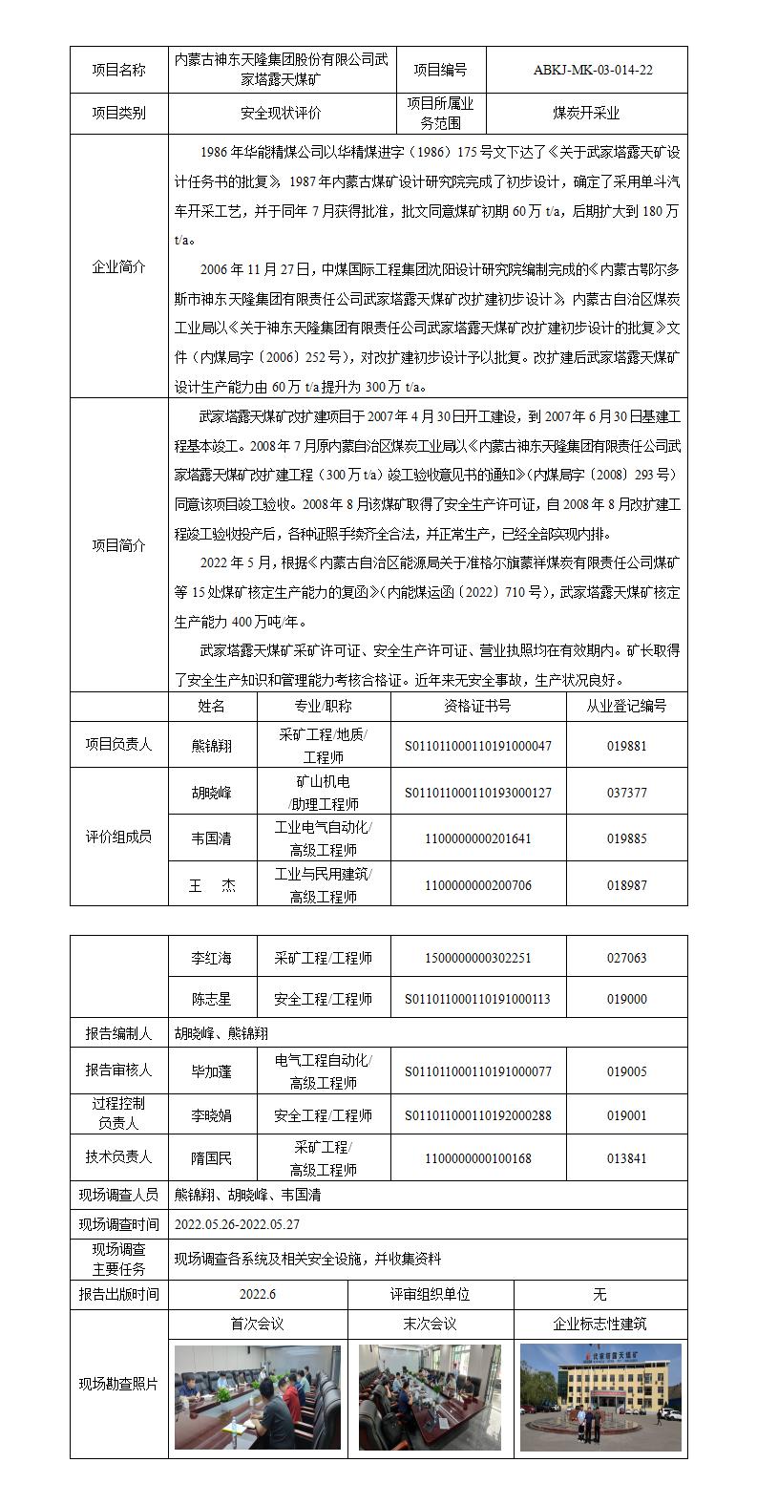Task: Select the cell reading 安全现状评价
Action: (281, 113)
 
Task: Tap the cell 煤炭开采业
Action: (586, 113)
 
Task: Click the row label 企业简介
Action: (118, 267)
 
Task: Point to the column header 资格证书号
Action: (477, 706)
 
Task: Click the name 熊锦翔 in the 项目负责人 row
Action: (211, 745)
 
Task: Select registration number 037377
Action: (626, 793)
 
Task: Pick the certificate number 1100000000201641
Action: (477, 838)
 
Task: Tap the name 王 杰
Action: (211, 885)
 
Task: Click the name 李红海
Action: (211, 958)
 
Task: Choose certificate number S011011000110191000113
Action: (477, 999)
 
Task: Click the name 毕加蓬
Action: (211, 1071)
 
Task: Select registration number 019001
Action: (626, 1114)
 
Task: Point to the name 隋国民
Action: (211, 1158)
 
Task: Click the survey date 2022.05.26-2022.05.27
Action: (237, 1223)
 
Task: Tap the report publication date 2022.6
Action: (259, 1294)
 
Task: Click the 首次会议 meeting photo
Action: (258, 1397)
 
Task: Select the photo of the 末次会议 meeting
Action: (431, 1397)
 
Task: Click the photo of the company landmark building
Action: (600, 1397)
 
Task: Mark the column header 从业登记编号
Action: (626, 706)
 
